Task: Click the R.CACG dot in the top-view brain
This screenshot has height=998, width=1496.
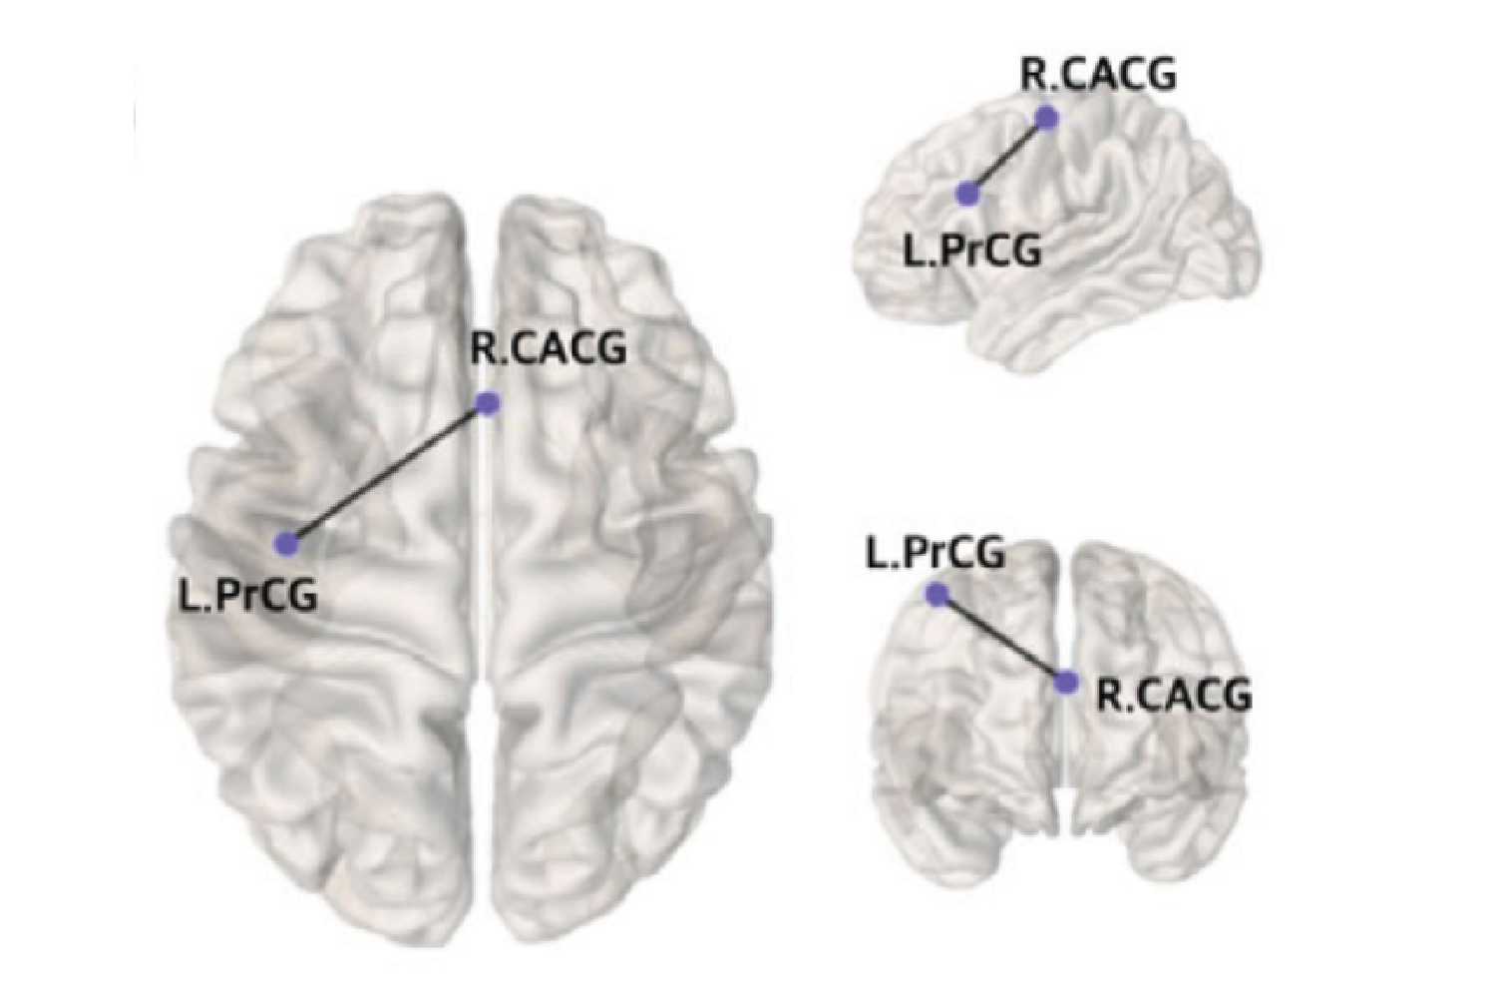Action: point(489,403)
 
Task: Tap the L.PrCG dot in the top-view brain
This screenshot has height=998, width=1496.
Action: point(287,543)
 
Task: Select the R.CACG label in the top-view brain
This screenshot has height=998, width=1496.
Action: point(549,349)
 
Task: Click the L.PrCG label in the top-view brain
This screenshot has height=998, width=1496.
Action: point(247,596)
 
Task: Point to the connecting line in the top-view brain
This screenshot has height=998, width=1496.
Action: point(388,473)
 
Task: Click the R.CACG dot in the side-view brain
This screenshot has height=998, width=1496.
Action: point(1046,118)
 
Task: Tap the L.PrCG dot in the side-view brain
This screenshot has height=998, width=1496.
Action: point(967,194)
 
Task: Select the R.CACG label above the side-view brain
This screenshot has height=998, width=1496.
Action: point(1098,75)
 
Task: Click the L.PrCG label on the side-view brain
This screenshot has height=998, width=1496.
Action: point(971,251)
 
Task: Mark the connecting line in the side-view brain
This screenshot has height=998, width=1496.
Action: point(1007,156)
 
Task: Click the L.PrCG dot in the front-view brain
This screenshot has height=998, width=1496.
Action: point(937,594)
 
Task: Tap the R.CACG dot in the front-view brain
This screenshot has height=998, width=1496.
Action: point(1066,682)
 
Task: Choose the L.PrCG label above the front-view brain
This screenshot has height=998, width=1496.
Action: point(935,554)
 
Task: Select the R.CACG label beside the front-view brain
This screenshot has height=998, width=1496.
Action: point(1175,696)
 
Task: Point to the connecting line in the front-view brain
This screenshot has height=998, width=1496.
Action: point(1001,638)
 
